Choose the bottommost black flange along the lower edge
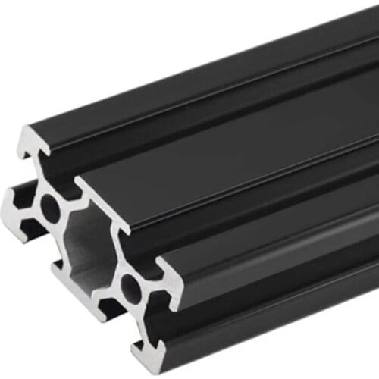click(x=265, y=334)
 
